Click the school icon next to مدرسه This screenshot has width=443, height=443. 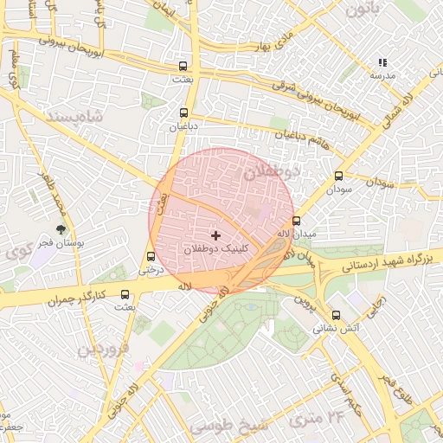pos(382,62)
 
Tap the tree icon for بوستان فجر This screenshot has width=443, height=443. pos(61,229)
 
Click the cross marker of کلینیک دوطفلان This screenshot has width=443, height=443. pos(215,234)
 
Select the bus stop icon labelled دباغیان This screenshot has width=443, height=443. pos(183,112)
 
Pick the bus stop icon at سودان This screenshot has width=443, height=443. pos(338,176)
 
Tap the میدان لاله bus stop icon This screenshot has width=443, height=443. pos(297,221)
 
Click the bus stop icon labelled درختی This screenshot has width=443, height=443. pos(152,256)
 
